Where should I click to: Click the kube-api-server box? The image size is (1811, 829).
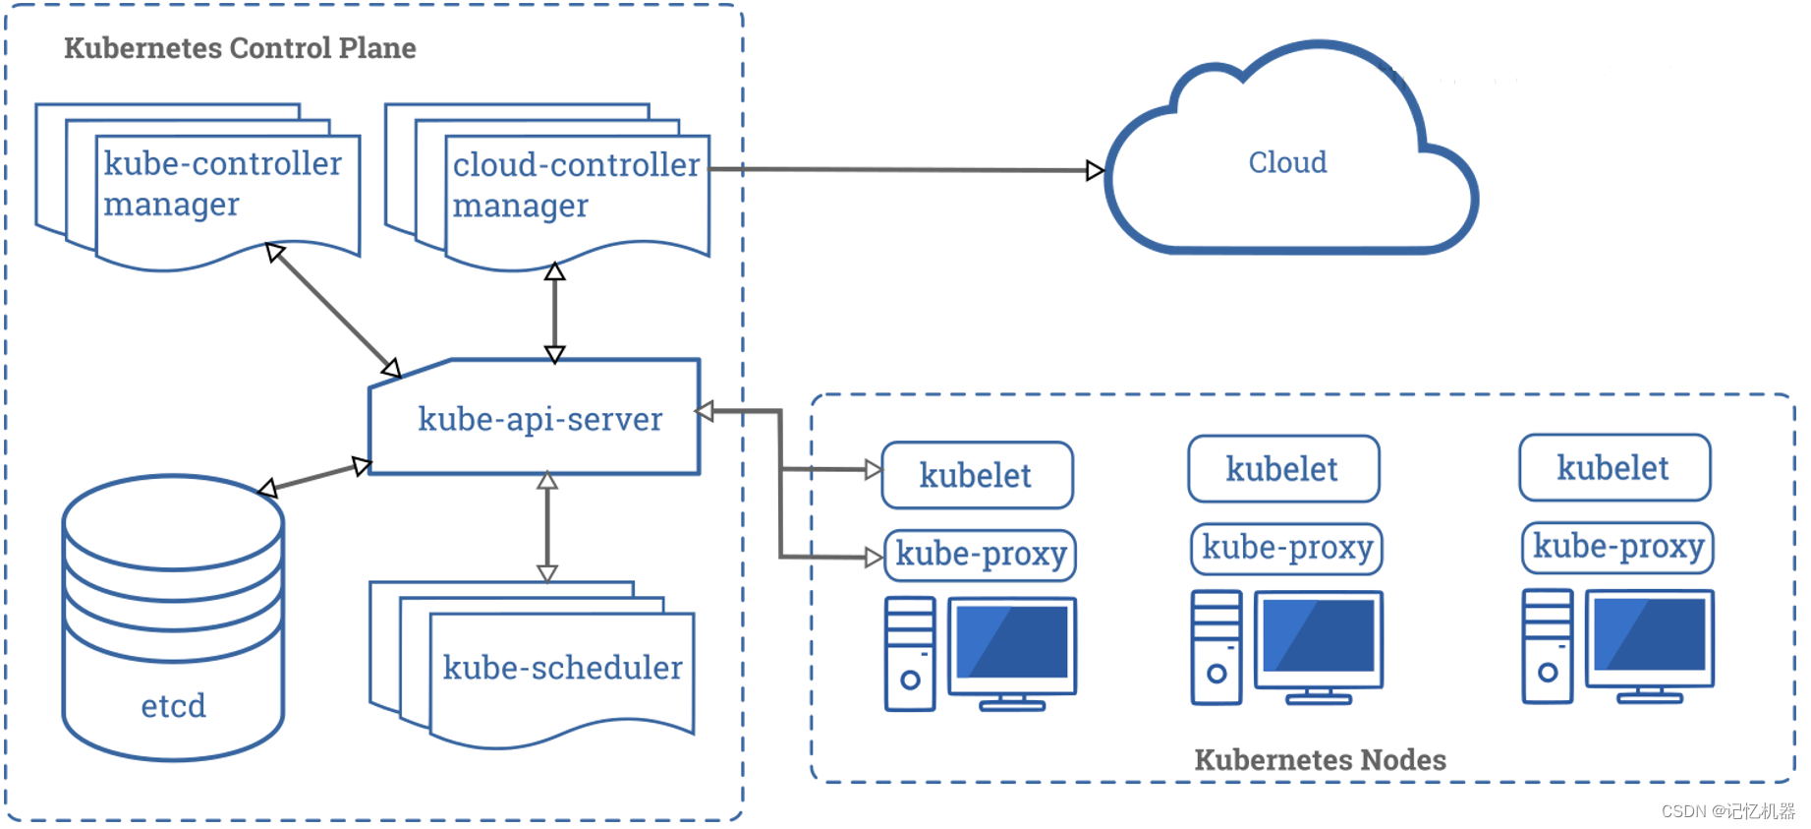[x=535, y=417]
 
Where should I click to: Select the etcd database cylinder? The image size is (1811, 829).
[x=173, y=618]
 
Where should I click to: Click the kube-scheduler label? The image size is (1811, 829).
[x=562, y=668]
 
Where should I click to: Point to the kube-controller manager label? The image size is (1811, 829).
[x=223, y=183]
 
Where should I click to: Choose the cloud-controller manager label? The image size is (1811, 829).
[x=576, y=185]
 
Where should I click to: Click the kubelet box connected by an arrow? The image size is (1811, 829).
[x=978, y=475]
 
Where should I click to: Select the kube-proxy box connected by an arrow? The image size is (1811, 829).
[x=981, y=555]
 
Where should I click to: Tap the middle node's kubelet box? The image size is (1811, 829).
[x=1283, y=469]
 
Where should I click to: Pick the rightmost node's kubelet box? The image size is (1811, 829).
[x=1614, y=467]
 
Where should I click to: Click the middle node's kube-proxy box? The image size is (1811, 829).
[x=1287, y=548]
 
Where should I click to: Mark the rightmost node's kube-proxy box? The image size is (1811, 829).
[x=1618, y=547]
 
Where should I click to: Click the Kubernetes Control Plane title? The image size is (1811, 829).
[x=240, y=48]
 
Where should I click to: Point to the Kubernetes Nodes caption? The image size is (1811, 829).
[x=1320, y=759]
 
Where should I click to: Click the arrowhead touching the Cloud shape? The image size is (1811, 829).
[x=1096, y=171]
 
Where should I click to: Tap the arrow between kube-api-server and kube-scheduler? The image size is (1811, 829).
[x=547, y=527]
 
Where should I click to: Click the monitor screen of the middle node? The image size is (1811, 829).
[x=1319, y=636]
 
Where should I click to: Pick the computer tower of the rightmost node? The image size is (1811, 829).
[x=1548, y=646]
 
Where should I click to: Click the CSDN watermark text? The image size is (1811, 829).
[x=1727, y=811]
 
